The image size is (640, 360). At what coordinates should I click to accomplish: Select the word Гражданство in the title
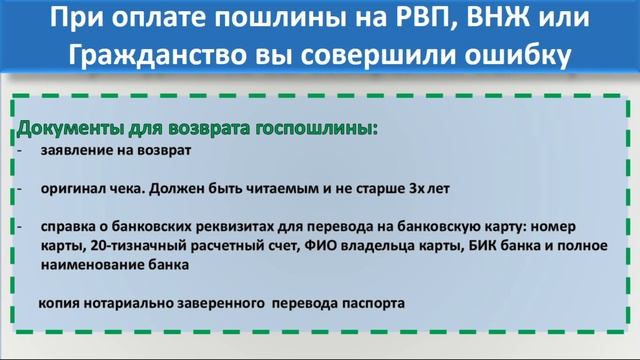pyautogui.click(x=146, y=57)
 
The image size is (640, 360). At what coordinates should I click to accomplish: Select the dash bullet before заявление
pyautogui.click(x=20, y=152)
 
